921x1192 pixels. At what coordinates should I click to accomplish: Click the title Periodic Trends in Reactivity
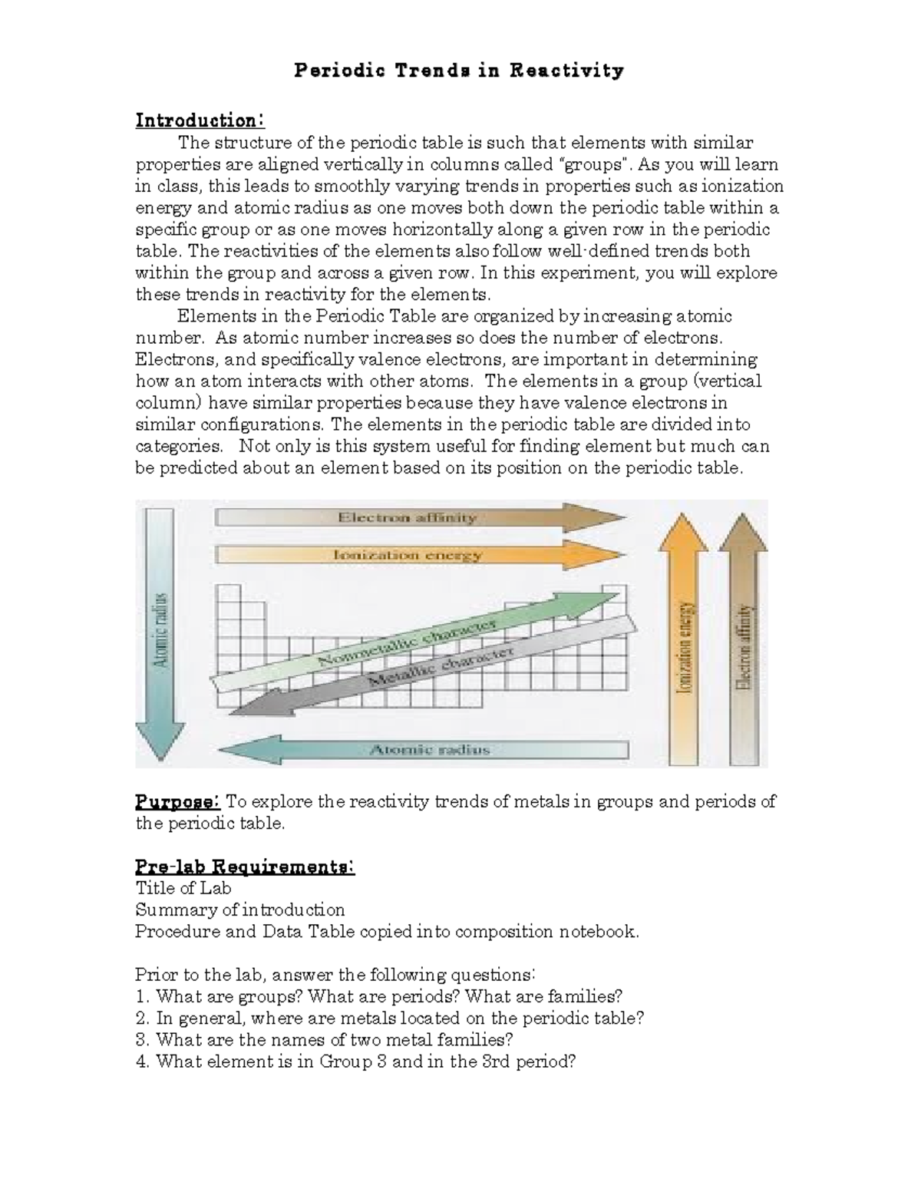459,71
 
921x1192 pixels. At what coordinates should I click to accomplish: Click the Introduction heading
200,121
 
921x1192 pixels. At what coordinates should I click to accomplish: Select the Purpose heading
178,802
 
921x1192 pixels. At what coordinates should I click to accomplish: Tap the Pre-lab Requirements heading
245,867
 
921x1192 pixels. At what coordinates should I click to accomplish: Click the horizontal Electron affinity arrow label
408,518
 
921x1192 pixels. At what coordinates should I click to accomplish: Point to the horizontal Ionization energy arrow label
408,555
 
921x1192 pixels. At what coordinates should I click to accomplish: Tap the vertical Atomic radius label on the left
160,629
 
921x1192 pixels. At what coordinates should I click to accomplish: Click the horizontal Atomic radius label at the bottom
430,750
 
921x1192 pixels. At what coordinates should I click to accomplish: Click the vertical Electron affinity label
742,647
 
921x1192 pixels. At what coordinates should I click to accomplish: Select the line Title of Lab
183,888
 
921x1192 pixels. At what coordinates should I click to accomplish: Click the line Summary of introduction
240,910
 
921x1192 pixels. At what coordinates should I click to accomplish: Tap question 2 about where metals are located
389,1019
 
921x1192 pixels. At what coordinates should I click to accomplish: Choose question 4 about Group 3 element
355,1062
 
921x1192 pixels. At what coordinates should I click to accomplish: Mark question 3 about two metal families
324,1040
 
